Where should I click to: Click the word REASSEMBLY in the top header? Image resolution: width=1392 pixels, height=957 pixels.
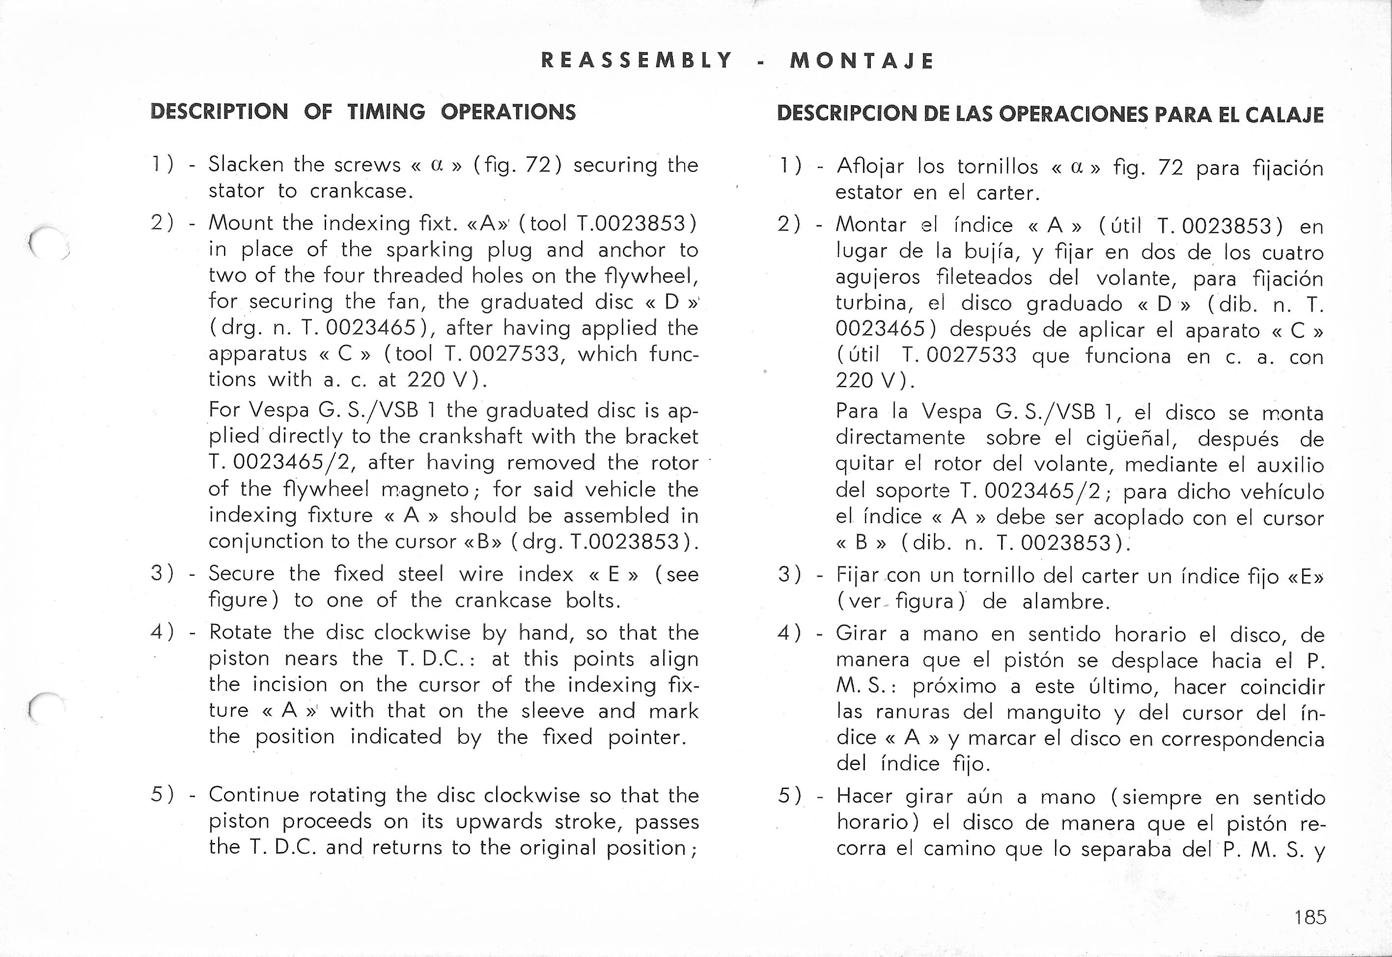point(636,60)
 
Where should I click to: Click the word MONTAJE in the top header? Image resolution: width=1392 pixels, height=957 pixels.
point(862,61)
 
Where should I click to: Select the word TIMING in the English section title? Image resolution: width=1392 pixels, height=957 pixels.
point(386,112)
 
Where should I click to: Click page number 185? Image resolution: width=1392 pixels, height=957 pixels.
point(1310,917)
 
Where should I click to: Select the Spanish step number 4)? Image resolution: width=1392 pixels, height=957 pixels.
point(789,634)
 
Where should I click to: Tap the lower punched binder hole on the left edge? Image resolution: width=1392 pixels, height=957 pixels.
point(47,708)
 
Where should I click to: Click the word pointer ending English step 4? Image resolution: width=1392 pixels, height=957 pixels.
point(646,737)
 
